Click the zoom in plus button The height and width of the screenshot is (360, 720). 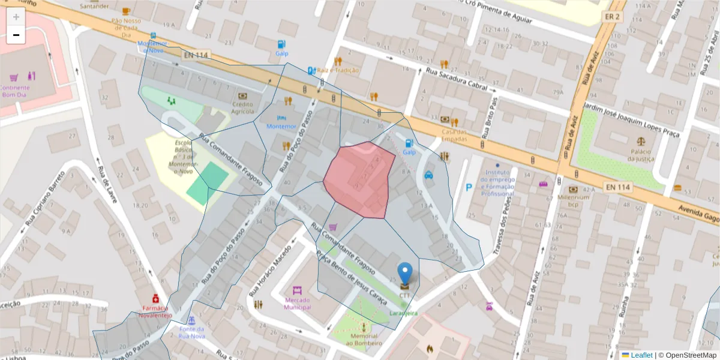pos(16,17)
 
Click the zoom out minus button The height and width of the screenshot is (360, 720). pos(16,35)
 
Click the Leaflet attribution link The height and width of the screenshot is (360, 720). pos(641,355)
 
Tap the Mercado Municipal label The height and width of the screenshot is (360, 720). pos(298,303)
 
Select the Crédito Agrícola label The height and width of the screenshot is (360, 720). pos(242,107)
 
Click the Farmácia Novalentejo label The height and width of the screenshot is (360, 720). pos(155,311)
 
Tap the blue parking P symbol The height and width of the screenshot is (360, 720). pos(469,188)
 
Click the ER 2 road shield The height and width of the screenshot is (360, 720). pos(613,16)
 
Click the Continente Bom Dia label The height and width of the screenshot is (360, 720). pos(16,91)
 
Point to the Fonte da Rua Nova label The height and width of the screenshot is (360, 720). pos(192,332)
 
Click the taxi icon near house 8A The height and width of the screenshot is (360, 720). pos(429,175)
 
